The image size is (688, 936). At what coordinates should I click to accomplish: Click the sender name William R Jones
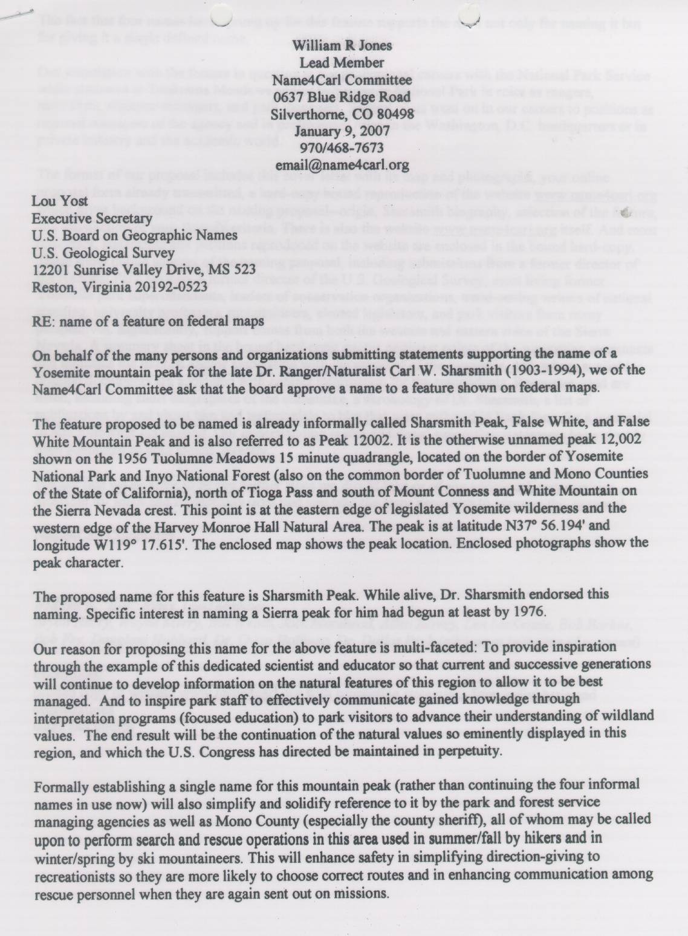coord(342,45)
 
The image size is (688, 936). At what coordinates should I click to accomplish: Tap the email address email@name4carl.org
coord(342,164)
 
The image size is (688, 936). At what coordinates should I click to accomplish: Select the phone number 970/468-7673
coord(342,147)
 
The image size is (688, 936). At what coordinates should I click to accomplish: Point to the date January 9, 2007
coord(342,130)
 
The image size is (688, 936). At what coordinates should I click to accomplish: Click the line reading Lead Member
coord(342,62)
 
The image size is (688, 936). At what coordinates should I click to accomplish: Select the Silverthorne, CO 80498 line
coord(342,113)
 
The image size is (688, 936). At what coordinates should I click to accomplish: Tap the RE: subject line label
coord(42,322)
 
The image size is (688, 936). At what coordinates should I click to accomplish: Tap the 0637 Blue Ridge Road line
coord(342,96)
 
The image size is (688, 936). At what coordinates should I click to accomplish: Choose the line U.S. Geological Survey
coord(103,253)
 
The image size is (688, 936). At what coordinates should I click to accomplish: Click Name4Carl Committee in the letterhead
coord(342,79)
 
